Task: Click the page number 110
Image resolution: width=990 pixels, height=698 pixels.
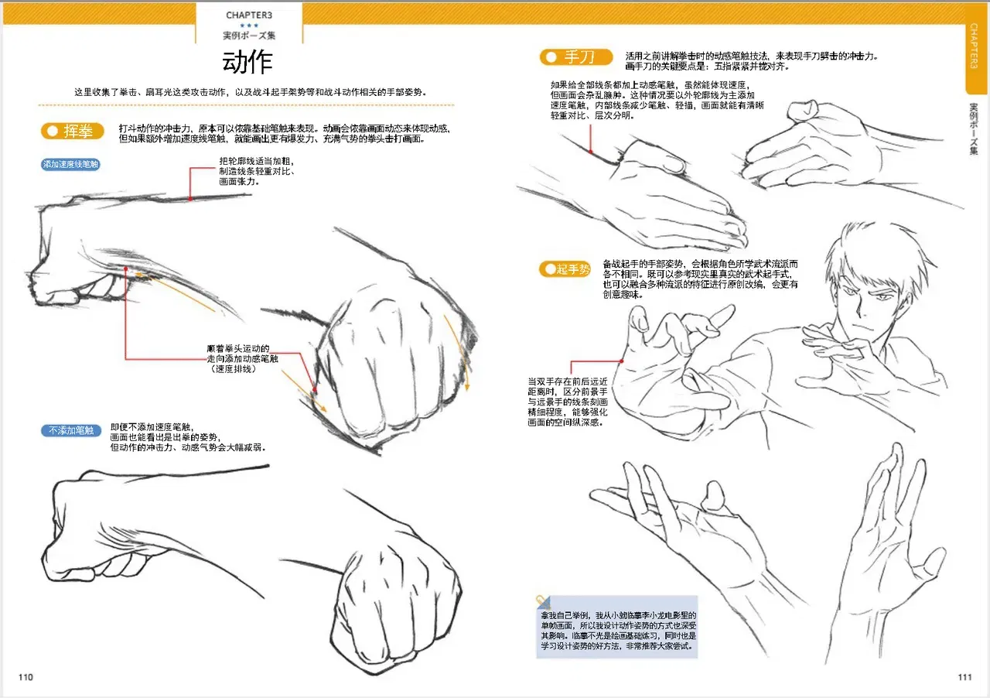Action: (26, 677)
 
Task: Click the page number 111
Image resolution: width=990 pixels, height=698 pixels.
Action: (964, 677)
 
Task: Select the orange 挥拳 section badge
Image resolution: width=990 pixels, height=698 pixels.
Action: (73, 132)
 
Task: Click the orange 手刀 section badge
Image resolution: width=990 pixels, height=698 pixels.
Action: (576, 57)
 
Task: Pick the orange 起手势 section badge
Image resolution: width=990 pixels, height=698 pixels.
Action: (565, 269)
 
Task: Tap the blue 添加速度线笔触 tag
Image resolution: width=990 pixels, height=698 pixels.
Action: (70, 165)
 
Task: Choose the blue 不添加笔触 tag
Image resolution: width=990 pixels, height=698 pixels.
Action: (70, 430)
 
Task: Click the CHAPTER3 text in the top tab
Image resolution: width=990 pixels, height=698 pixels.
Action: (249, 15)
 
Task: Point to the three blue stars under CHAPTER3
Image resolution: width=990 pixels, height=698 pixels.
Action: (249, 26)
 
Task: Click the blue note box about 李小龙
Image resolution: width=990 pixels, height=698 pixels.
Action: (617, 628)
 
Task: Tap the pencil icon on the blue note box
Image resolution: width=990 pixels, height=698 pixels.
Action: (543, 601)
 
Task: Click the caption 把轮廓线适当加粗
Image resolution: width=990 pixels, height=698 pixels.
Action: (256, 171)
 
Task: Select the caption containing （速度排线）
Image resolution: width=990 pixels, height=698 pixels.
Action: (242, 359)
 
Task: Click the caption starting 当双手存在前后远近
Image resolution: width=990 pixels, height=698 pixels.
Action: (568, 402)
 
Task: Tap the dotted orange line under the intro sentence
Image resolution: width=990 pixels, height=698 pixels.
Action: (246, 105)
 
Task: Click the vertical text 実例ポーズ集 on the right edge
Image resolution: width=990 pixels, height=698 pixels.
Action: (974, 129)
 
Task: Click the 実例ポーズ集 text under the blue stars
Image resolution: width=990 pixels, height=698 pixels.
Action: (249, 36)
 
